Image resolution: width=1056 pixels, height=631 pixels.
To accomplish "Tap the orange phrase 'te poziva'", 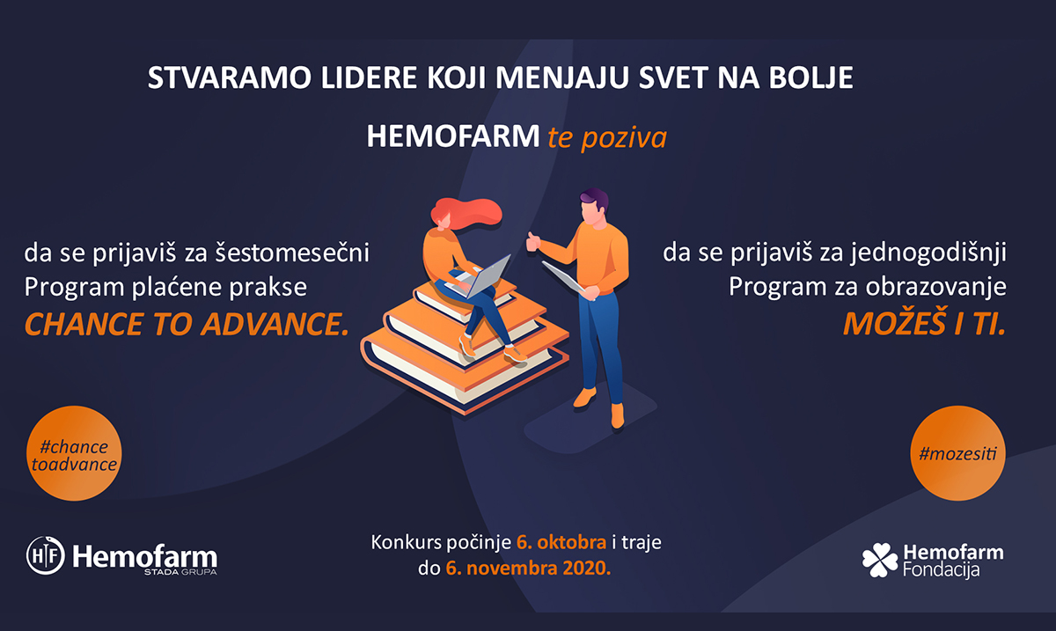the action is tap(607, 137).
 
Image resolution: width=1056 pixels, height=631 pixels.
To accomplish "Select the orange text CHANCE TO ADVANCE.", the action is tap(187, 325).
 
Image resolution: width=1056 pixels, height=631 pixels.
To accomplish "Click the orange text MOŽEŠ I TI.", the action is tap(924, 324).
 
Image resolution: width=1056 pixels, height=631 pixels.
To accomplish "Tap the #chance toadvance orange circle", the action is tap(74, 453).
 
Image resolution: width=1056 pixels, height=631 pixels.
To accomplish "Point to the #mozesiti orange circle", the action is tap(957, 453).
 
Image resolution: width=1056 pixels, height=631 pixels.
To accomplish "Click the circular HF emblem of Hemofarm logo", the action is tap(45, 555).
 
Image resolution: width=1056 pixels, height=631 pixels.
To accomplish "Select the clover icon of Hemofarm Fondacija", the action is tap(880, 560).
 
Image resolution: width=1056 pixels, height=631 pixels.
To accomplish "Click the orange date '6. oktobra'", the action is tap(561, 542).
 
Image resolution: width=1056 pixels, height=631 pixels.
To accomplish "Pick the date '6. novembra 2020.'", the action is tap(528, 568).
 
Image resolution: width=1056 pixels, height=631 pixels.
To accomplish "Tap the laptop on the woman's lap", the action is tap(480, 277).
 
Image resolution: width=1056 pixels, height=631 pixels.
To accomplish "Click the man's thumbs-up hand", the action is tap(533, 241).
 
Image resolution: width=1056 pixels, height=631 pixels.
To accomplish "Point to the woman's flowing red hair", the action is tap(466, 213).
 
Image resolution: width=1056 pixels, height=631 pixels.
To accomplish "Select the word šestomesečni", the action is tap(292, 253).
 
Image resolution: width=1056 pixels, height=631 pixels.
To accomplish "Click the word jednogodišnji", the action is tap(928, 253).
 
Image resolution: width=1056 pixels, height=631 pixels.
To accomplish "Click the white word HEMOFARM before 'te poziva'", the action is tap(453, 136).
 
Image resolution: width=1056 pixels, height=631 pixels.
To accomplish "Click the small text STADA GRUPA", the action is tap(180, 572).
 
